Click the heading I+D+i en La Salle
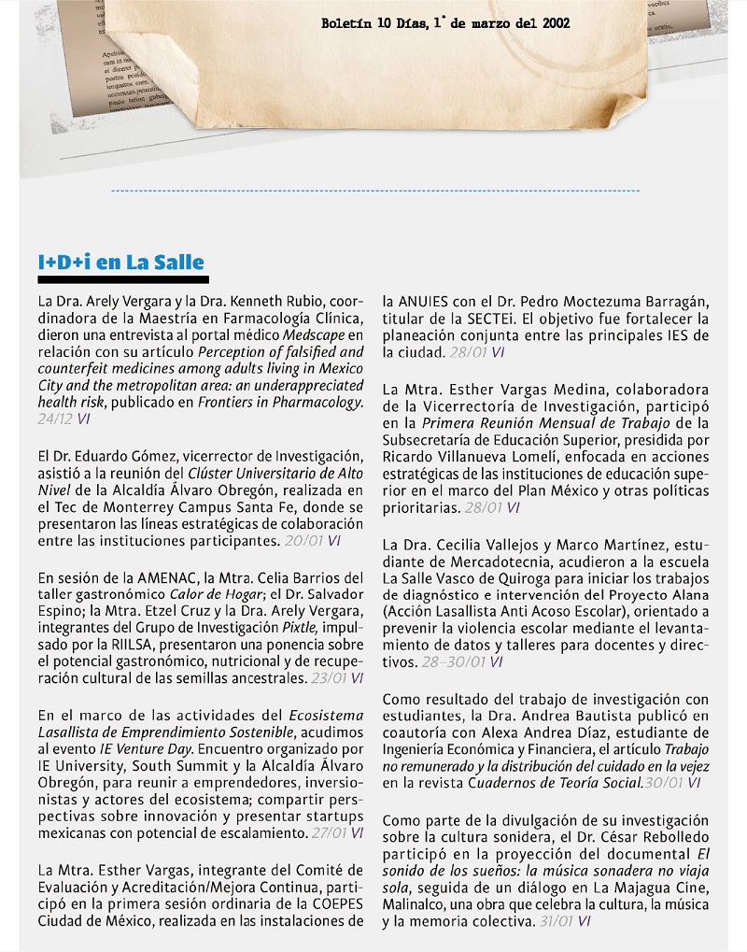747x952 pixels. (x=120, y=263)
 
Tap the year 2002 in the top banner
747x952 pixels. (x=556, y=23)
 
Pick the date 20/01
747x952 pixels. (x=303, y=540)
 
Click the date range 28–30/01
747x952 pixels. (x=454, y=661)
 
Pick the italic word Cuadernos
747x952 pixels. (x=511, y=783)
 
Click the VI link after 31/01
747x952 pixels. (x=584, y=921)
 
